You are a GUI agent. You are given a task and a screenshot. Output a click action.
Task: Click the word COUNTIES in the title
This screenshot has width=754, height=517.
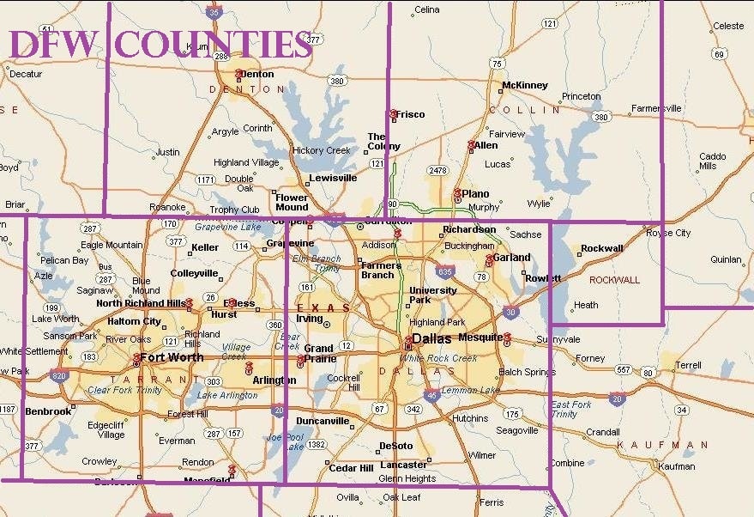coord(214,44)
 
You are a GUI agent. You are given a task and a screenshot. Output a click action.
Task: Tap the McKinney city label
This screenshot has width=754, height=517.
coord(525,85)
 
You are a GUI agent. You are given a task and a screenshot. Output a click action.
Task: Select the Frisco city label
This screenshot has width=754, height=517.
coord(410,113)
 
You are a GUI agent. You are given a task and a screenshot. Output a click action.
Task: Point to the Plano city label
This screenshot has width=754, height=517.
coord(475,194)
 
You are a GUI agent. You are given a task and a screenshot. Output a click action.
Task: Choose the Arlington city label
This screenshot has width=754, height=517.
coord(274,380)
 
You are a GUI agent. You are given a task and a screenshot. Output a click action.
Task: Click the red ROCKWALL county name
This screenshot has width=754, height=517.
coord(614,280)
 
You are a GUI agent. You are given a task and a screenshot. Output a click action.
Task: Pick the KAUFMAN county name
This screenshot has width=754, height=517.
coord(663,445)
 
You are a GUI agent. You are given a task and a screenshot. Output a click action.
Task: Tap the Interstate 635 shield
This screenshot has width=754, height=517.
coord(443,272)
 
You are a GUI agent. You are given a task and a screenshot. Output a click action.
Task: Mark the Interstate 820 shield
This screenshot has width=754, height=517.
coord(59,375)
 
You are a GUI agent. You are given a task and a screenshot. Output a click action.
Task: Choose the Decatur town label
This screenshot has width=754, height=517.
coord(25,74)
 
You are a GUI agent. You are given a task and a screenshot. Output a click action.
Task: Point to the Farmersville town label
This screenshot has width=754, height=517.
coord(656,108)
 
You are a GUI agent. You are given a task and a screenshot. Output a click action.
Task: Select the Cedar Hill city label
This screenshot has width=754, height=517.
coord(351,468)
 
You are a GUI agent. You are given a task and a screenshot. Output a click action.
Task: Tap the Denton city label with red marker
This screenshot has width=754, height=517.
coord(256,74)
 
